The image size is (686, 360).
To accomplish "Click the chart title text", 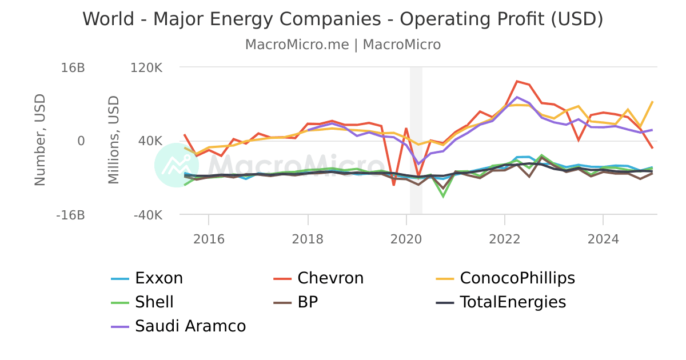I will [343, 19].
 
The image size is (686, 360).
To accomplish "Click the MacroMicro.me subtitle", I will [343, 45].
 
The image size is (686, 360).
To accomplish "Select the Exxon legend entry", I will [158, 278].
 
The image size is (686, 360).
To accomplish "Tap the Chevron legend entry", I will [330, 278].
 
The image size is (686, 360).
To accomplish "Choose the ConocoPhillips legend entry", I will [517, 278].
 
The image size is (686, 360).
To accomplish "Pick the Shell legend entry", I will [154, 302].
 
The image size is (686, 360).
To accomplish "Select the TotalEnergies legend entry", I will [512, 302].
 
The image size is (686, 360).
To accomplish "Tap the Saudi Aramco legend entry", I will [190, 326].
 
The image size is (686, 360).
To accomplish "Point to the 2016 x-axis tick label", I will [209, 239].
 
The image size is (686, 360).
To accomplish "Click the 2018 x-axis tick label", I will [308, 239].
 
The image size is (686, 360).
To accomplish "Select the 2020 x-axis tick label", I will [406, 239].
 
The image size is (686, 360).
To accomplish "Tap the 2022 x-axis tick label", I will [505, 239].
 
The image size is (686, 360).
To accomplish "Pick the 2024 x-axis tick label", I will [603, 239].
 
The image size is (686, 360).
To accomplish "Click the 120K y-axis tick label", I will [147, 67].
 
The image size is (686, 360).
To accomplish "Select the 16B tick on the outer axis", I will [73, 67].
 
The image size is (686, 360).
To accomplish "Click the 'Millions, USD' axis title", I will [114, 140].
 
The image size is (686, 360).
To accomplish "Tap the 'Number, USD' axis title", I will [39, 140].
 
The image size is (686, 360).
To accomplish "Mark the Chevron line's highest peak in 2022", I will [517, 81].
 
